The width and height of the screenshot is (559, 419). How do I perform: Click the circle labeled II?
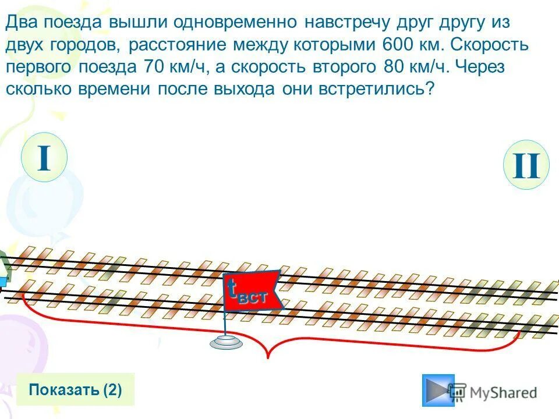click(526, 165)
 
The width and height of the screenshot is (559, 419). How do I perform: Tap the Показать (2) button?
click(76, 389)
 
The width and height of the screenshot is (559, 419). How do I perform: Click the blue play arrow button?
click(438, 389)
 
